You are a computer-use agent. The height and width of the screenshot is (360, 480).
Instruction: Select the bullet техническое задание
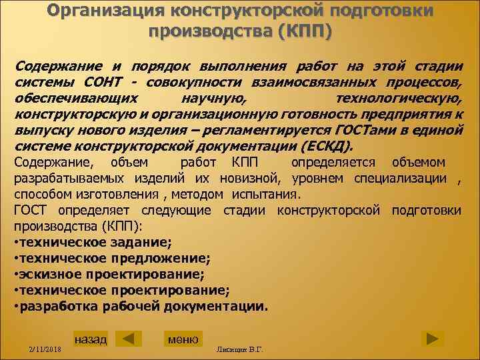click(94, 243)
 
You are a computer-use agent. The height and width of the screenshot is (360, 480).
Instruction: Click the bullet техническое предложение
click(114, 259)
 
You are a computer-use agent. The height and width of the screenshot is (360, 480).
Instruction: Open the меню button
click(183, 339)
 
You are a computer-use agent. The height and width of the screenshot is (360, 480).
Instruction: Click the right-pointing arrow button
click(432, 338)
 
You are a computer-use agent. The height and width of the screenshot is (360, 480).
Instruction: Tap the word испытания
click(267, 195)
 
